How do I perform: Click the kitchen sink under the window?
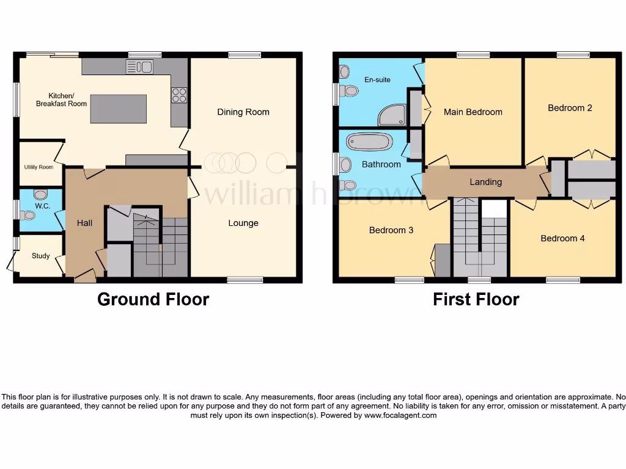(x=139, y=67)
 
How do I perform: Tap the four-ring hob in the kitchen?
(x=179, y=95)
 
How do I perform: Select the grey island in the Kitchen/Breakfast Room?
(x=118, y=109)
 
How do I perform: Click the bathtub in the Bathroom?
(x=369, y=142)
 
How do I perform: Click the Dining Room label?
(x=243, y=112)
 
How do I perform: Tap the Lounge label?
(x=243, y=223)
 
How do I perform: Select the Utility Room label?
(x=39, y=167)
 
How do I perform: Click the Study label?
(x=41, y=256)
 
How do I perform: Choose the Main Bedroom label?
(x=473, y=112)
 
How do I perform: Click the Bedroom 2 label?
(x=570, y=108)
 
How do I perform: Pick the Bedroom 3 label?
(x=391, y=230)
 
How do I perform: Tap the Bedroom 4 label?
(x=562, y=238)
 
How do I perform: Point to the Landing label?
(x=485, y=182)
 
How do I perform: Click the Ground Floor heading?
(x=153, y=299)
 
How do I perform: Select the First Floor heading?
(x=476, y=299)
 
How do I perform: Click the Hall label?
(x=85, y=223)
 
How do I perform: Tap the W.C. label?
(x=42, y=206)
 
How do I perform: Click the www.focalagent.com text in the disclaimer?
(x=400, y=415)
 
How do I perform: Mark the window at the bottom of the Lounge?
(x=245, y=280)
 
